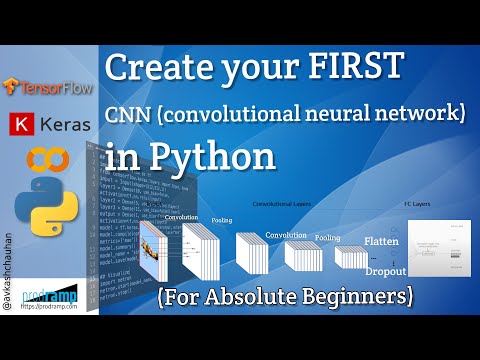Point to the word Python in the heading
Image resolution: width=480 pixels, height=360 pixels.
214,158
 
